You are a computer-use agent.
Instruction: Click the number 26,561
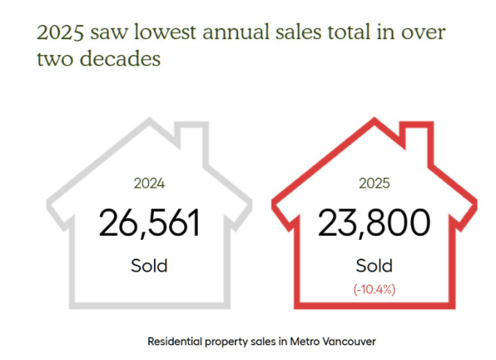tap(150, 222)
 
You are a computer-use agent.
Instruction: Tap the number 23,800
tap(374, 222)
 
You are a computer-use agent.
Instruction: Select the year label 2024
tap(149, 183)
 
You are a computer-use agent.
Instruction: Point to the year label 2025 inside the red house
tap(374, 183)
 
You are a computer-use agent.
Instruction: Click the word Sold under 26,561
tap(149, 265)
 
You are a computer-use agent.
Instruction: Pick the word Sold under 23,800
tap(374, 265)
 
